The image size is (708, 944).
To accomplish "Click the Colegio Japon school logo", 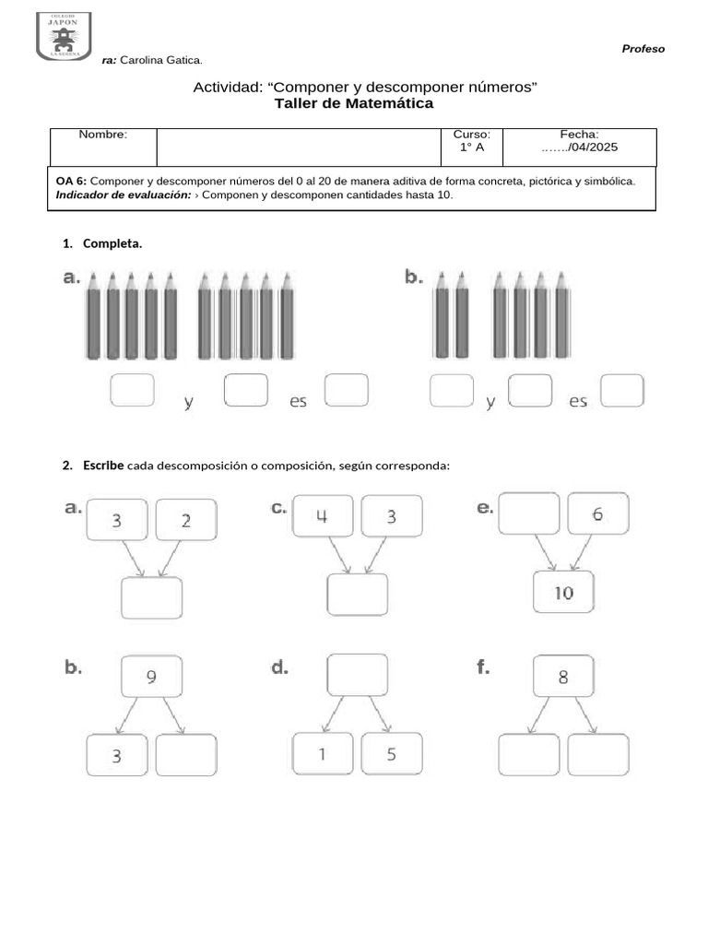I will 64,37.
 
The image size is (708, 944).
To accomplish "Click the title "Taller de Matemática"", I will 353,104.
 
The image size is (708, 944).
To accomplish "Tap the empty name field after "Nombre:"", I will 300,147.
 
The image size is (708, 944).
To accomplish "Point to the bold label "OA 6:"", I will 71,182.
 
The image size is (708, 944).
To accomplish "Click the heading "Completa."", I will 112,244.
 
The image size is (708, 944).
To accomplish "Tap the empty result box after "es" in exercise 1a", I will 347,389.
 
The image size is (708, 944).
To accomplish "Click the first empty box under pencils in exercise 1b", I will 452,391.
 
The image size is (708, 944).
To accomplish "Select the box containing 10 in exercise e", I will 563,593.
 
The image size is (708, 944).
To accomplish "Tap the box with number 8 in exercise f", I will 563,677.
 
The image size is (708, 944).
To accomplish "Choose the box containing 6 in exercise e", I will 598,514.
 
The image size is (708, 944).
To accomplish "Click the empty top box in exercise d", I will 357,675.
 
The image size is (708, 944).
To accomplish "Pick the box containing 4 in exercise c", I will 322,516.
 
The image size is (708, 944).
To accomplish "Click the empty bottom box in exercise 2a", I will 151,598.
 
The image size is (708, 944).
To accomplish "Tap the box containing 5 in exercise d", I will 392,754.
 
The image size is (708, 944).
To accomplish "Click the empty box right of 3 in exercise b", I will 186,755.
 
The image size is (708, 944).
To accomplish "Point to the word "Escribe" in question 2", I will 102,466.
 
